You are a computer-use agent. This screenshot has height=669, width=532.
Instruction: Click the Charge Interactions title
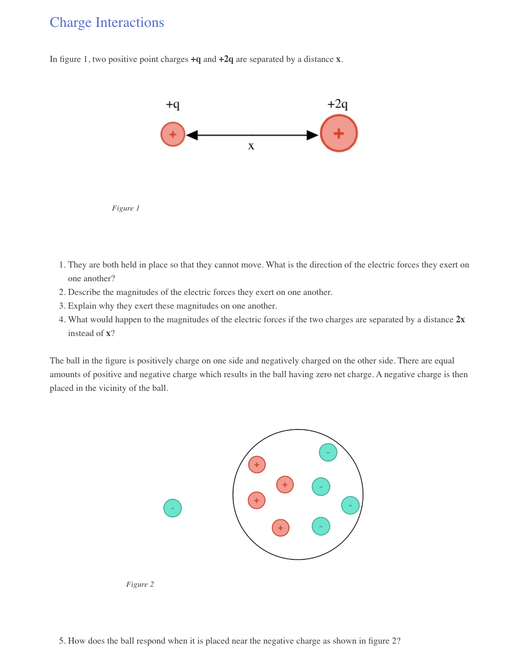pos(107,22)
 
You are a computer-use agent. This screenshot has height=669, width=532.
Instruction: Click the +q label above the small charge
pos(173,105)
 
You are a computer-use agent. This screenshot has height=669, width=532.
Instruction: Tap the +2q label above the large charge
pos(338,104)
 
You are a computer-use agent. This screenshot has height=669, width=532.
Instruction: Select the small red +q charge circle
pos(173,135)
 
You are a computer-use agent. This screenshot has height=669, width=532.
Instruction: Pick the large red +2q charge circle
pos(339,133)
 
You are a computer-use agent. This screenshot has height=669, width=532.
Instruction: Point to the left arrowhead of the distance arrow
pos(192,135)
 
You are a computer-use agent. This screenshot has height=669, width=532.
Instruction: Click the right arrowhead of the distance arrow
pos(312,135)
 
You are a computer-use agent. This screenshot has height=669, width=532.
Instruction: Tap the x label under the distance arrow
pos(251,146)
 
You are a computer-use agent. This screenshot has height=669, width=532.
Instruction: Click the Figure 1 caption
pos(125,208)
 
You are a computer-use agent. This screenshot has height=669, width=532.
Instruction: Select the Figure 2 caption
pos(140,584)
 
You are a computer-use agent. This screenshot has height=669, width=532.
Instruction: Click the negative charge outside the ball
pos(173,508)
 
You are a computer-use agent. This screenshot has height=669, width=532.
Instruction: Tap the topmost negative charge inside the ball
pos(328,452)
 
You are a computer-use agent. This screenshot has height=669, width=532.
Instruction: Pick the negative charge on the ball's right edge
pos(350,505)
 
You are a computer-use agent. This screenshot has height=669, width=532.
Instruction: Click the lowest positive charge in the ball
pos(281,528)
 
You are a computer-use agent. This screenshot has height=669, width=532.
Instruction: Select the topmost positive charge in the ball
pos(257,464)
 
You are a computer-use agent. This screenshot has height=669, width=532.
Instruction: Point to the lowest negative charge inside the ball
pos(321,526)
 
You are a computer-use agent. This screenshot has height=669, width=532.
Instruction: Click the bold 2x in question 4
pos(460,319)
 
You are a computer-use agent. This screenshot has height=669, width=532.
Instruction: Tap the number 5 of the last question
pos(61,641)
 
